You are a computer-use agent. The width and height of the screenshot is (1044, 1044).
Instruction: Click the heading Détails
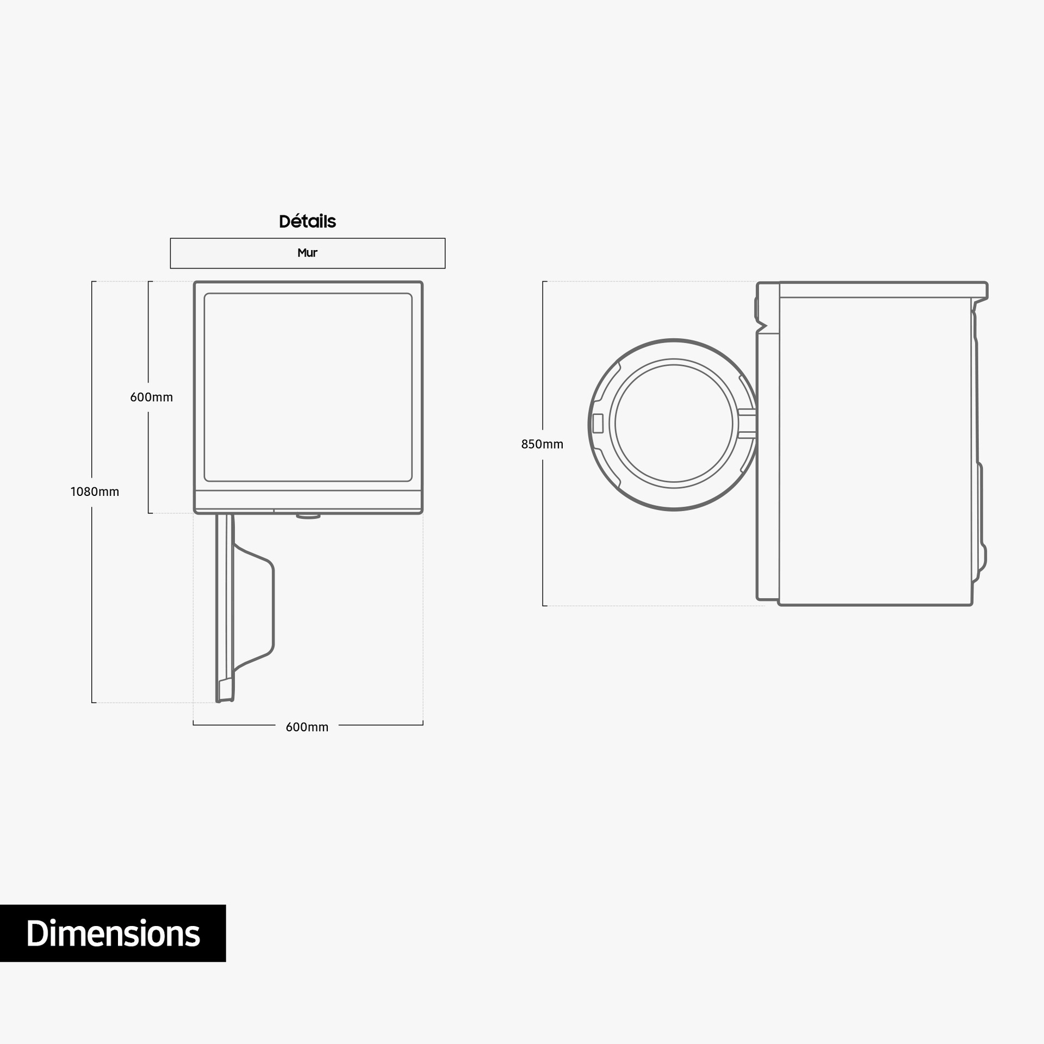(307, 221)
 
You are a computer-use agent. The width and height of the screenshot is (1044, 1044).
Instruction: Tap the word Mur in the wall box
(307, 253)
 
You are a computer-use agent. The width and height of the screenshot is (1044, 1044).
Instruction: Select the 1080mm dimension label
(95, 492)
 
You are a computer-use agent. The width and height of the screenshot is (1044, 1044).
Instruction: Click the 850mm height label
(542, 444)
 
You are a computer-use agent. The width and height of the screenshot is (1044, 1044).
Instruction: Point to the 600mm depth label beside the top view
(151, 397)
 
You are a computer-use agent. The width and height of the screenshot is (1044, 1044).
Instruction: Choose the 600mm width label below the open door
(307, 727)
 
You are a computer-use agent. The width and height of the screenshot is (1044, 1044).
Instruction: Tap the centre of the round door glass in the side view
(674, 424)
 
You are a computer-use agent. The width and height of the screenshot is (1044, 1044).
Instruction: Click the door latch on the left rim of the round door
(598, 424)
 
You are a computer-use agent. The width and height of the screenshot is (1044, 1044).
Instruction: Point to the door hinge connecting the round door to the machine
(748, 424)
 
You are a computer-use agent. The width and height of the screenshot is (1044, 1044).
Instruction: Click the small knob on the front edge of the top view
(308, 515)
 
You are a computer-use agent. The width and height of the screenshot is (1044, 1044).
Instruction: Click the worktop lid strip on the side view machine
(881, 290)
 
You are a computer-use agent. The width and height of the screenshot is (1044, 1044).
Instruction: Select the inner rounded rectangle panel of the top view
(308, 387)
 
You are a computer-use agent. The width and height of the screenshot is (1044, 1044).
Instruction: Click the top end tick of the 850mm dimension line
(544, 282)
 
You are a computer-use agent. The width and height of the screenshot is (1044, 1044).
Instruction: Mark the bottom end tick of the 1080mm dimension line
(94, 703)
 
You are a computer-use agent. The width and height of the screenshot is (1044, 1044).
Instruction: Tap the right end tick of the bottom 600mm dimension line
(422, 724)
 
